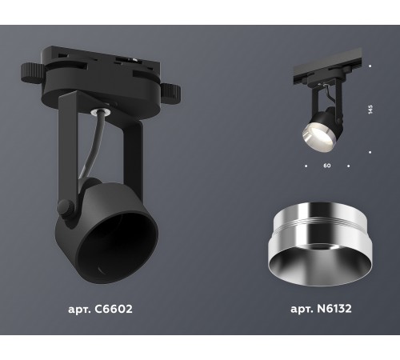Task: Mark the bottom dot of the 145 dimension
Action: [x=370, y=150]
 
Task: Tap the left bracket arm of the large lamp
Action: [x=69, y=160]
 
